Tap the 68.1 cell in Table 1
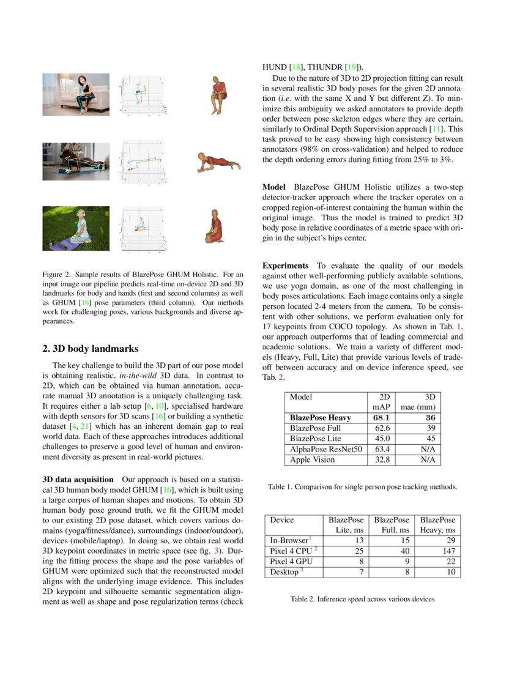382,417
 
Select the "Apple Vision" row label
313,459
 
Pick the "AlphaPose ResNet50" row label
326,449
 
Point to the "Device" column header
281,519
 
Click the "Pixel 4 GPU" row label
291,562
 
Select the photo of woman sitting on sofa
76,94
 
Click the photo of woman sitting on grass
76,228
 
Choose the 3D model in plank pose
218,162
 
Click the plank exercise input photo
76,162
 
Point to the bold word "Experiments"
286,266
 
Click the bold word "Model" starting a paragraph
275,185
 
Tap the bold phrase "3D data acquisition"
78,479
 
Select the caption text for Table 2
362,599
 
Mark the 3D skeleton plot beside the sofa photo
141,94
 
